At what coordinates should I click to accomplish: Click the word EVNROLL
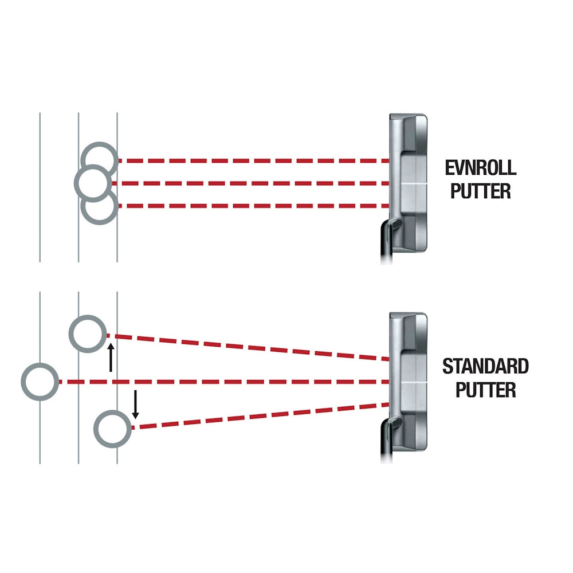click(480, 168)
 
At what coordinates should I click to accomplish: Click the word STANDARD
click(485, 366)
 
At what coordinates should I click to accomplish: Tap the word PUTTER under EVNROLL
click(480, 191)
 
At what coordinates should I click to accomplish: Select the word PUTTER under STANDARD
click(485, 390)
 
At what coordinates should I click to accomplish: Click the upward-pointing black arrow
click(111, 358)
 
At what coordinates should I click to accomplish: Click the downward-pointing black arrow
click(135, 404)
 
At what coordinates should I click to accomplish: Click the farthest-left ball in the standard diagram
click(40, 382)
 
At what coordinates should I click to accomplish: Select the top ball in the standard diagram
click(87, 333)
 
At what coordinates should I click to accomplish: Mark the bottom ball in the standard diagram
click(113, 429)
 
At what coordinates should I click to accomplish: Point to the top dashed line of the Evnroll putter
click(252, 161)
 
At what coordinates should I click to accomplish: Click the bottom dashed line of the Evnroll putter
click(252, 206)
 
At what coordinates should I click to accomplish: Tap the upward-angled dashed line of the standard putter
click(252, 347)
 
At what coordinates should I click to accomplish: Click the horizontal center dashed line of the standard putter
click(229, 382)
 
